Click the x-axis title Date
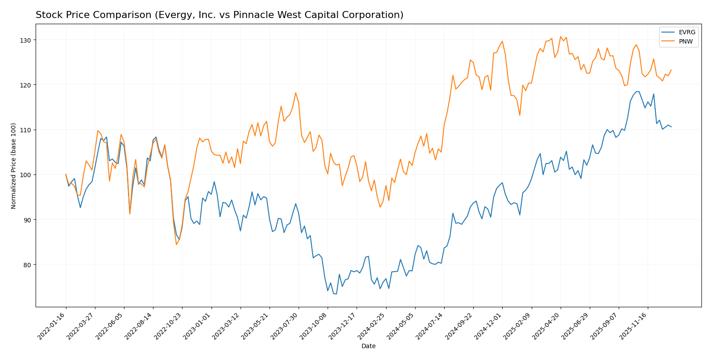tap(369, 346)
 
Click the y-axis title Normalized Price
tap(14, 166)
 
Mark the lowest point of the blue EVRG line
tap(336, 294)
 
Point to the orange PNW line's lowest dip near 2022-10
tap(176, 244)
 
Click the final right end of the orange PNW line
tap(671, 69)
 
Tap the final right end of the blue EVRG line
tap(671, 127)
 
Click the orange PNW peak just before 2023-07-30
tap(296, 93)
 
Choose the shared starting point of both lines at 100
tap(66, 175)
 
